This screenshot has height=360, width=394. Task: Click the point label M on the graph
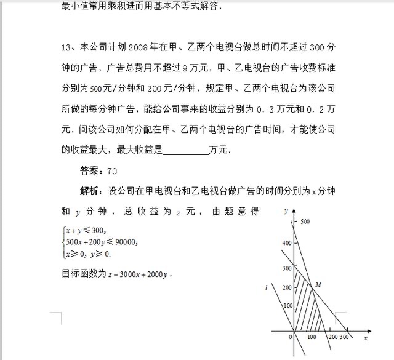click(x=318, y=285)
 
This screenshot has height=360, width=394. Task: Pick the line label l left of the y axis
click(x=265, y=287)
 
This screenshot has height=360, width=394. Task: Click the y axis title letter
click(x=287, y=210)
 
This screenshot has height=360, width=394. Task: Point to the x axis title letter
click(x=366, y=338)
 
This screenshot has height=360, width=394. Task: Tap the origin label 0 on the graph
click(x=290, y=337)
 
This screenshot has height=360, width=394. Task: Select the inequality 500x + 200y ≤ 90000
click(x=101, y=242)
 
